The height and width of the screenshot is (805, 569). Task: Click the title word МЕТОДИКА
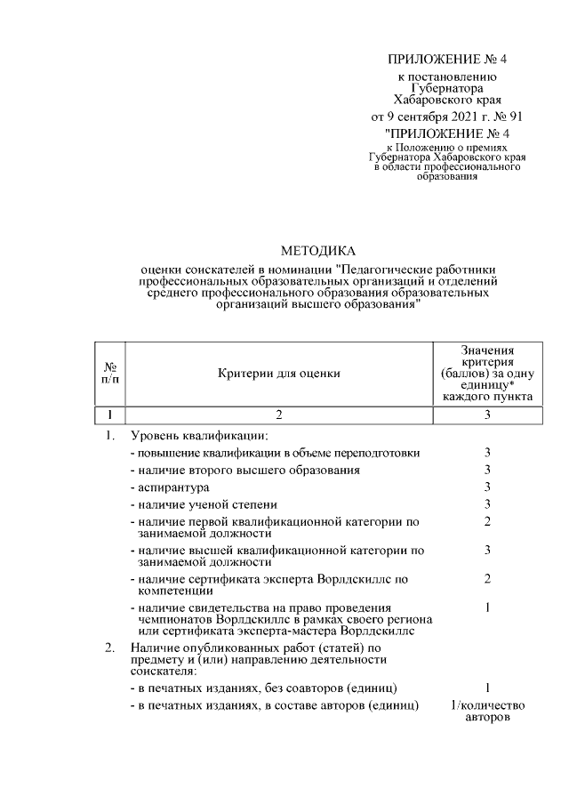[x=317, y=251]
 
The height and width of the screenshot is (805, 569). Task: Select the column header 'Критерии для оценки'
[x=278, y=374]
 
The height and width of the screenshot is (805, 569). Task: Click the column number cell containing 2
[x=278, y=415]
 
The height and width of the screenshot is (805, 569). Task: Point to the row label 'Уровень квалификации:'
[x=198, y=436]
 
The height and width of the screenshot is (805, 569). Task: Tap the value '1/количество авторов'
[x=487, y=712]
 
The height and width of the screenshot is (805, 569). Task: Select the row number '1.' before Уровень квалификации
[x=111, y=436]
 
